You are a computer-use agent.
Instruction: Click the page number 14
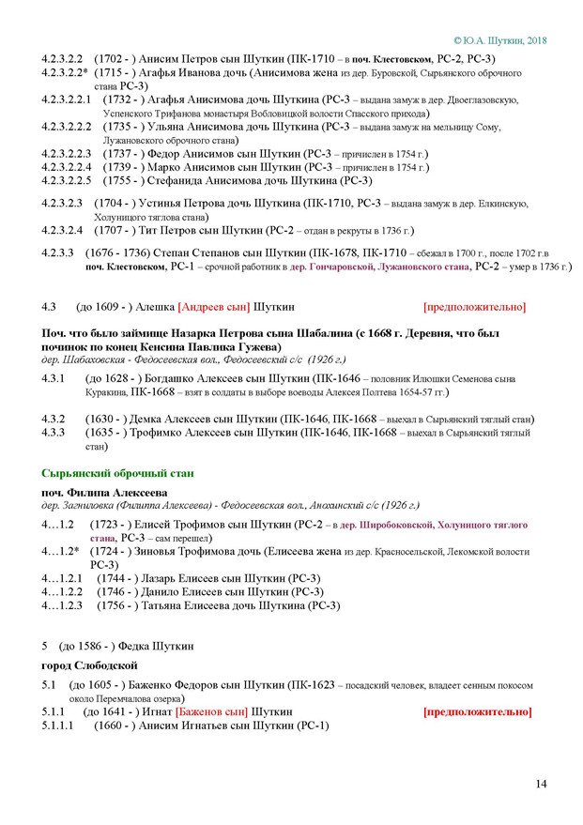pos(542,785)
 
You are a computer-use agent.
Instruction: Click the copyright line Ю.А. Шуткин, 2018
pos(499,40)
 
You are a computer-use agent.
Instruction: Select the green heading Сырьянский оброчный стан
pos(117,473)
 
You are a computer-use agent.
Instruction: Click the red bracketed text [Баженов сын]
pos(211,712)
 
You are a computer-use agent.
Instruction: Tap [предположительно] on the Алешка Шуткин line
pos(474,307)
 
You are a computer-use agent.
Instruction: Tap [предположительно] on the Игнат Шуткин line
pos(477,712)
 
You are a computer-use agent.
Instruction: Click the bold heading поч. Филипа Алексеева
pos(103,492)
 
